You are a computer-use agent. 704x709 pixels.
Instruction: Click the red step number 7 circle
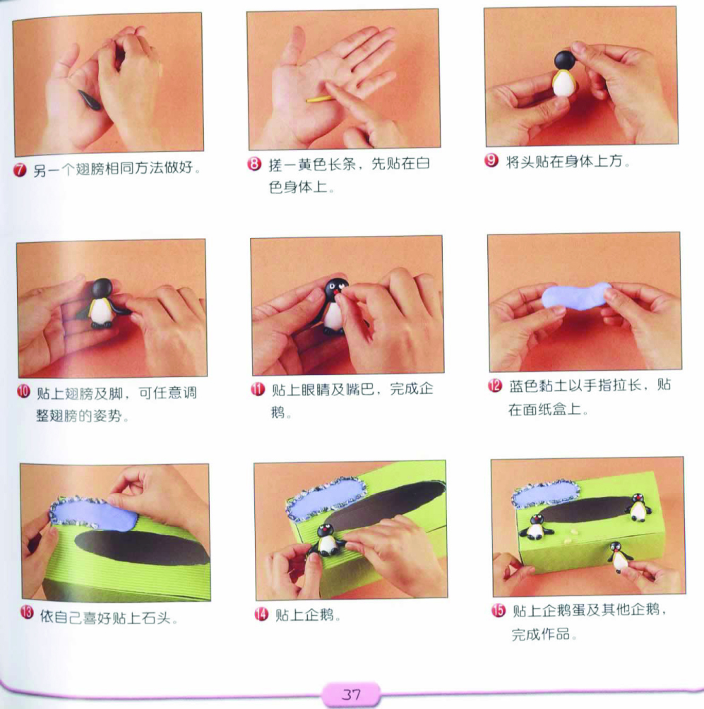pyautogui.click(x=20, y=169)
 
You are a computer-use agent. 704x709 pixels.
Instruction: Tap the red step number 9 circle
pyautogui.click(x=491, y=160)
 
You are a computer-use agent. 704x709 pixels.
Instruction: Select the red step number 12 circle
pyautogui.click(x=495, y=386)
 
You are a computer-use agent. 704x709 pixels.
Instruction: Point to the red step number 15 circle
pyautogui.click(x=498, y=610)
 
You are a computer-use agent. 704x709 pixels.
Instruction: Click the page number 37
pyautogui.click(x=352, y=694)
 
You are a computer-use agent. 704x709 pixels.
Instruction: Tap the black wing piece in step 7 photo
pyautogui.click(x=90, y=100)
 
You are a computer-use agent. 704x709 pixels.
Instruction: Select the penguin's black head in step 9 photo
pyautogui.click(x=565, y=61)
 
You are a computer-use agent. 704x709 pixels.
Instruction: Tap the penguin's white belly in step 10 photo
pyautogui.click(x=101, y=311)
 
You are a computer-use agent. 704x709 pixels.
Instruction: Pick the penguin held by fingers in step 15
pyautogui.click(x=619, y=557)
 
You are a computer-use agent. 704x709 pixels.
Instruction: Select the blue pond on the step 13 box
pyautogui.click(x=94, y=513)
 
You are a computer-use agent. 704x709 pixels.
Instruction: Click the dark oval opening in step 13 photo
pyautogui.click(x=142, y=547)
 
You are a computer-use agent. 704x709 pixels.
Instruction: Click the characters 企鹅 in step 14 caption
pyautogui.click(x=318, y=614)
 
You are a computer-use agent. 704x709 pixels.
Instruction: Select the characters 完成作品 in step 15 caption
pyautogui.click(x=540, y=634)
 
